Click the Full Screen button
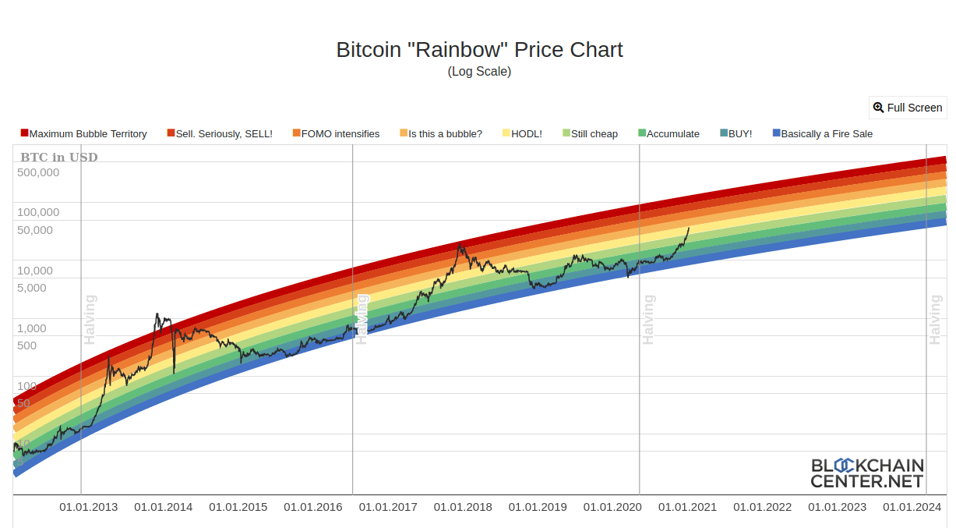(908, 108)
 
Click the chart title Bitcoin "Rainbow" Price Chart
(479, 50)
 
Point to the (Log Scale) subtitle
(479, 71)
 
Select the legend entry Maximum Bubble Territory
(84, 133)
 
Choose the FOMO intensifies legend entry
(336, 133)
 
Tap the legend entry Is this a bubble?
(440, 133)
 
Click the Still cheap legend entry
(590, 133)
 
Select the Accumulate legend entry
(668, 133)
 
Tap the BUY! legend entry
(736, 133)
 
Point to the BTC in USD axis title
(59, 158)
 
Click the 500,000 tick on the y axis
(38, 172)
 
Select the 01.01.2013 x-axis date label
(89, 507)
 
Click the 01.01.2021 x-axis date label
(687, 507)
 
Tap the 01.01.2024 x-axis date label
(912, 507)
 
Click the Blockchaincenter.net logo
(866, 473)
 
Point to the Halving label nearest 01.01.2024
(935, 320)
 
